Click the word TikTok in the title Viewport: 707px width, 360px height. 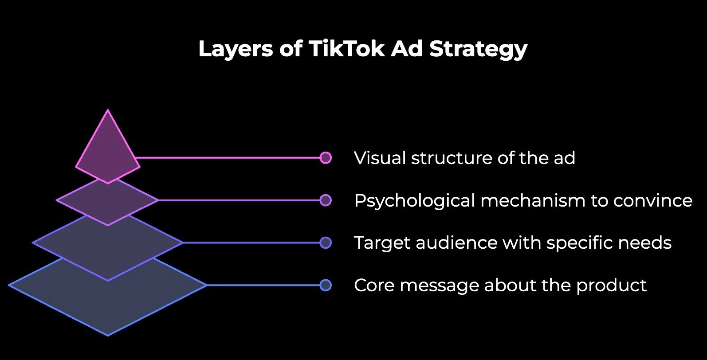click(x=346, y=48)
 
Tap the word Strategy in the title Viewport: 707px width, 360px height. click(x=478, y=49)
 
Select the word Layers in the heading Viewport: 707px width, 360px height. click(x=235, y=49)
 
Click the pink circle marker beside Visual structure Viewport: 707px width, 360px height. click(x=326, y=158)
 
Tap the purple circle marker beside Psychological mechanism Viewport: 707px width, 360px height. click(x=326, y=200)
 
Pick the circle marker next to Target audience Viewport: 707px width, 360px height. click(x=326, y=243)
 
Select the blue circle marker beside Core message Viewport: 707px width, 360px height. click(x=326, y=285)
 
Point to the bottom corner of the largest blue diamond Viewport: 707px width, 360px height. click(x=108, y=334)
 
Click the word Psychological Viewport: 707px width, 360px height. click(x=414, y=201)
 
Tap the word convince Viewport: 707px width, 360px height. click(x=652, y=201)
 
